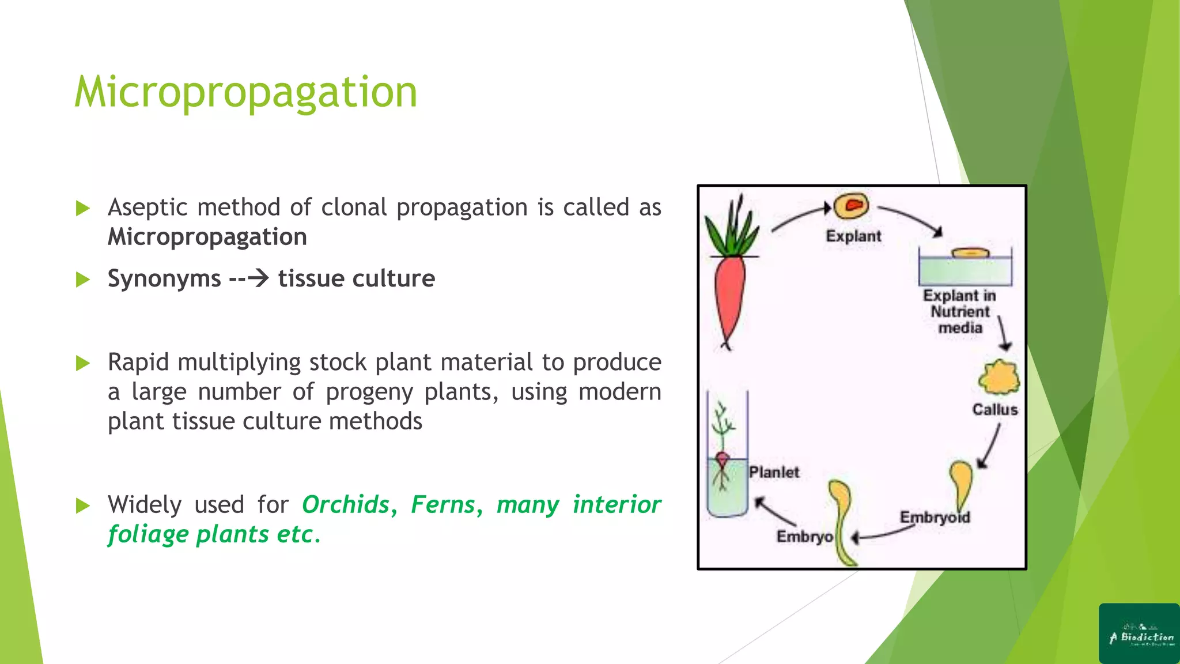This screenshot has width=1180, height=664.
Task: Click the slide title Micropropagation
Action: [x=245, y=92]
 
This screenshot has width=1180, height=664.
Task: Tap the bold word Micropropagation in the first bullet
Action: [x=207, y=237]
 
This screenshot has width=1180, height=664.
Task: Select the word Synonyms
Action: [x=164, y=279]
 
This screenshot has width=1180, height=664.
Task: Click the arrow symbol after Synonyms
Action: [x=258, y=278]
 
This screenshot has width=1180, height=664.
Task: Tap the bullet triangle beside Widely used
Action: [x=83, y=506]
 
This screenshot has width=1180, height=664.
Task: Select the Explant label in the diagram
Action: [x=853, y=236]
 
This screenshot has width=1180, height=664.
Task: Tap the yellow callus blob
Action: [x=999, y=378]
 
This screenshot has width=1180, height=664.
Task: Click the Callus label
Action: [x=995, y=410]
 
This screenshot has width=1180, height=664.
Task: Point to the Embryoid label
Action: [x=935, y=517]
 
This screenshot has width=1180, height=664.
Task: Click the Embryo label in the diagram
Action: [x=804, y=537]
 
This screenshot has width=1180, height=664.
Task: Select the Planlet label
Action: [x=774, y=473]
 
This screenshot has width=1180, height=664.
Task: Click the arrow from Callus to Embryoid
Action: [x=989, y=447]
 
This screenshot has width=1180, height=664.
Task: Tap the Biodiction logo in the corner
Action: [x=1139, y=633]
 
